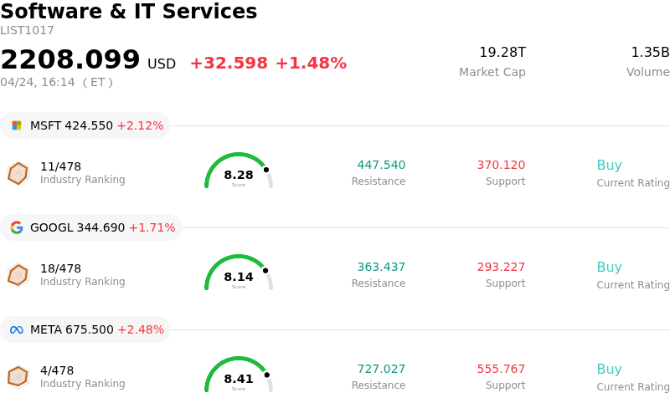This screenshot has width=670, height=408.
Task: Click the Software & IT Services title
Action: pos(129,12)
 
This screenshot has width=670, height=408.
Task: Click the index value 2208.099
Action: pos(70,60)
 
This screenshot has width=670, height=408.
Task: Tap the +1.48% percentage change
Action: pos(311,64)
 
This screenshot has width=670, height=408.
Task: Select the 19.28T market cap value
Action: pos(502,53)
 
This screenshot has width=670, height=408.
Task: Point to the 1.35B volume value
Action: pos(650,53)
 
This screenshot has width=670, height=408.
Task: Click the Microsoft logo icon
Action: pos(17,125)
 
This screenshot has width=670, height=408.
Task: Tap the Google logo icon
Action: pos(17,227)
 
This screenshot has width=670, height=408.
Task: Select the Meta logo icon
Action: pos(17,329)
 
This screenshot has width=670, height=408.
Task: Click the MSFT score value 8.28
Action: pos(239,175)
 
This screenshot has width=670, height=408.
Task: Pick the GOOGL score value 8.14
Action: pos(239,277)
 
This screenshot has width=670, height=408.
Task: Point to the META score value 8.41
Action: pos(239,379)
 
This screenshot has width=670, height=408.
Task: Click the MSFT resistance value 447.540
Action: pos(381,166)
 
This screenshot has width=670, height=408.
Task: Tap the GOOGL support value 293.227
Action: pos(501,268)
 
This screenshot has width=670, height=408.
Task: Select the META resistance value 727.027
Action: pos(381,370)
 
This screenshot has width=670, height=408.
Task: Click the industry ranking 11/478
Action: pos(60,166)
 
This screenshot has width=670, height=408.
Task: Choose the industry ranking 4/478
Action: pos(57,370)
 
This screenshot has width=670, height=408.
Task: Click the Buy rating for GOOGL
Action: pos(609,268)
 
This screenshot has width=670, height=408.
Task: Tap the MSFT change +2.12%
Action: pos(140,125)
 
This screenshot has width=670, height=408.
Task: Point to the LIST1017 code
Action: pos(27,31)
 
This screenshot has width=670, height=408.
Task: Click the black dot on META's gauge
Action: pos(266,374)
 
